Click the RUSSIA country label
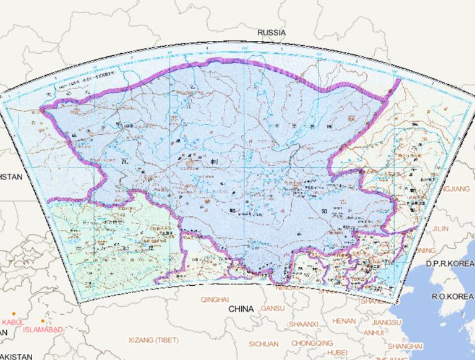point(272,32)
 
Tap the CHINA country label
point(241,309)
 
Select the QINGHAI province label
point(215,299)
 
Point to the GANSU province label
point(273,308)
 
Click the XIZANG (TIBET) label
point(153,340)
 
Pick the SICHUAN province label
point(263,343)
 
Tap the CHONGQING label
point(312,343)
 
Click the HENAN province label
point(344,321)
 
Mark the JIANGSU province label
point(387,322)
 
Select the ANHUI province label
point(374,332)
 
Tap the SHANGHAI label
point(406,346)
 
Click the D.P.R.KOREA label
point(450,264)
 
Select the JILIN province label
point(440,228)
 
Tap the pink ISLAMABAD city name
point(43,330)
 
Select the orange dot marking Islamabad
point(43,321)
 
